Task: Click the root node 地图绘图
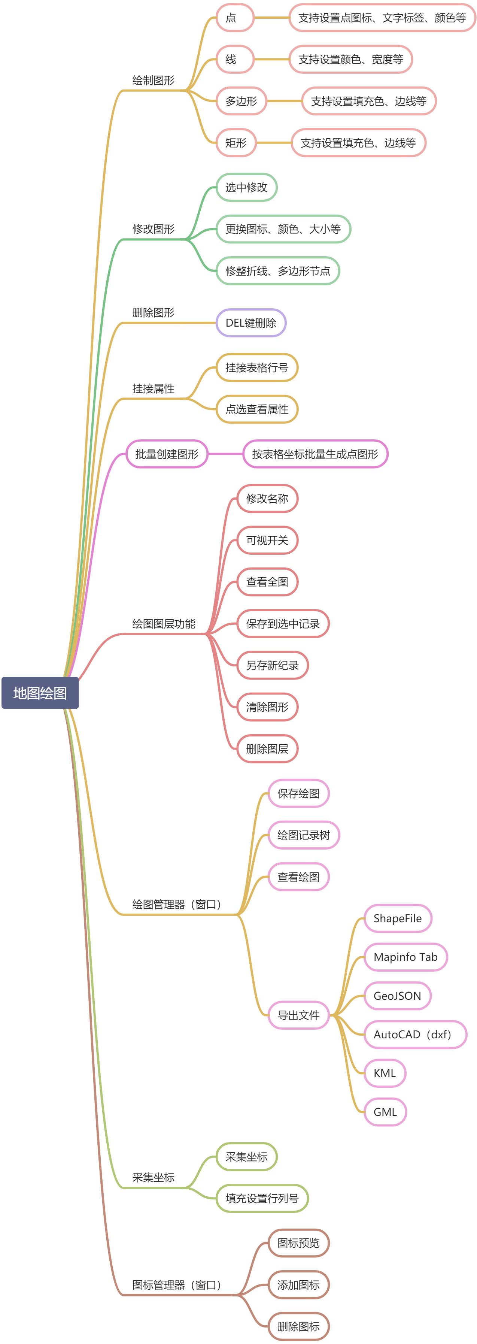pyautogui.click(x=40, y=693)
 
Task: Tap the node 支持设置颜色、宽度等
pyautogui.click(x=350, y=60)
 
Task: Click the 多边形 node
pyautogui.click(x=241, y=101)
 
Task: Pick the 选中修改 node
pyautogui.click(x=246, y=187)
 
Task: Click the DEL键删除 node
pyautogui.click(x=251, y=323)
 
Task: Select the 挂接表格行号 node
pyautogui.click(x=256, y=368)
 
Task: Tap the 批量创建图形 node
pyautogui.click(x=167, y=454)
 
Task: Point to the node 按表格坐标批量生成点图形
pyautogui.click(x=315, y=454)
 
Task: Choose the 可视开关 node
pyautogui.click(x=267, y=540)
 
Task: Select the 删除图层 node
pyautogui.click(x=267, y=749)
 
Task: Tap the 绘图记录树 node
pyautogui.click(x=303, y=835)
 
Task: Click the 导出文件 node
pyautogui.click(x=298, y=1015)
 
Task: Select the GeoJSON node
pyautogui.click(x=397, y=996)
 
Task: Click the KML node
pyautogui.click(x=385, y=1073)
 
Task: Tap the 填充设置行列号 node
pyautogui.click(x=262, y=1198)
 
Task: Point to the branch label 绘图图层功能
pyautogui.click(x=164, y=624)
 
